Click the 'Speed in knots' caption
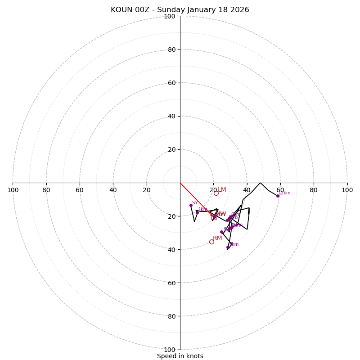[x=180, y=356]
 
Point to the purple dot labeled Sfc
[x=191, y=205]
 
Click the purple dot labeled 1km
[x=197, y=212]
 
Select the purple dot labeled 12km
[x=278, y=196]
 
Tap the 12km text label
[x=284, y=193]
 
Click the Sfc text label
[x=195, y=202]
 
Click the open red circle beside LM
[x=216, y=193]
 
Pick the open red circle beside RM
[x=211, y=242]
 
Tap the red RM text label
[x=217, y=238]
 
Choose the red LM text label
[x=222, y=190]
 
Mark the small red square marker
[x=214, y=218]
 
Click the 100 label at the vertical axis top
[x=170, y=16]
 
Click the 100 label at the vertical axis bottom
[x=170, y=350]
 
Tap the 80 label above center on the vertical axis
[x=171, y=49]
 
